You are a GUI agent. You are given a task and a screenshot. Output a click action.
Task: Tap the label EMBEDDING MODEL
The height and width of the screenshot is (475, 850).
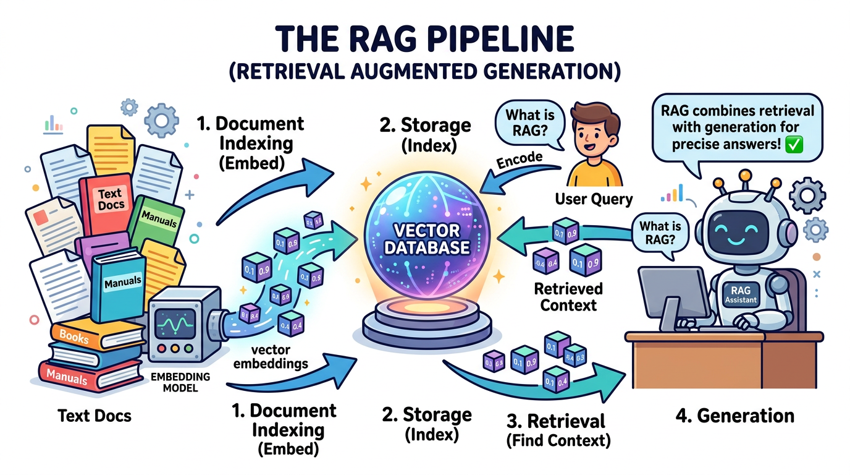182,382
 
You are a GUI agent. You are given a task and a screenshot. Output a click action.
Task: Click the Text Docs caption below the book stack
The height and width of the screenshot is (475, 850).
95,415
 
